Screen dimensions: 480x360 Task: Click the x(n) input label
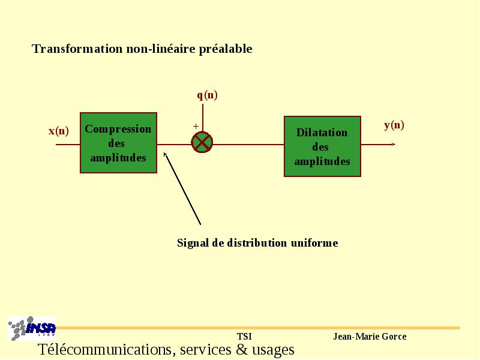[58, 131]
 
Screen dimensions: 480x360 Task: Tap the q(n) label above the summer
[207, 95]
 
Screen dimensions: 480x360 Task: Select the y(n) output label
[394, 125]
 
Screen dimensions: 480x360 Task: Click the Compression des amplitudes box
[118, 143]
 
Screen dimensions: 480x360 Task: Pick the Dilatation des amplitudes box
[322, 146]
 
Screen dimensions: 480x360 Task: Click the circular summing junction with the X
[202, 142]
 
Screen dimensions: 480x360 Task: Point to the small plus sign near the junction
[196, 126]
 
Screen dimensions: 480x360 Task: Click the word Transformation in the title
[77, 49]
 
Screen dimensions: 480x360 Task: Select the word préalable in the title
[226, 49]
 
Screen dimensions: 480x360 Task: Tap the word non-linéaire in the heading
[161, 49]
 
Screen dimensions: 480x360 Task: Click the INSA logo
[32, 328]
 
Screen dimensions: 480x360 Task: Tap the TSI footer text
[244, 337]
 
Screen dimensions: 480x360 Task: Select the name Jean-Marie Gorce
[370, 337]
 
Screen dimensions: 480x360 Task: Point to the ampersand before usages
[242, 350]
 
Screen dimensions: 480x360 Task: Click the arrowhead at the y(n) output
[394, 144]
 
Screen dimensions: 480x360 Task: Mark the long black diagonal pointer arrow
[182, 188]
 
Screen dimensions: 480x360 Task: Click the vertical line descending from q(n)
[203, 118]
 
